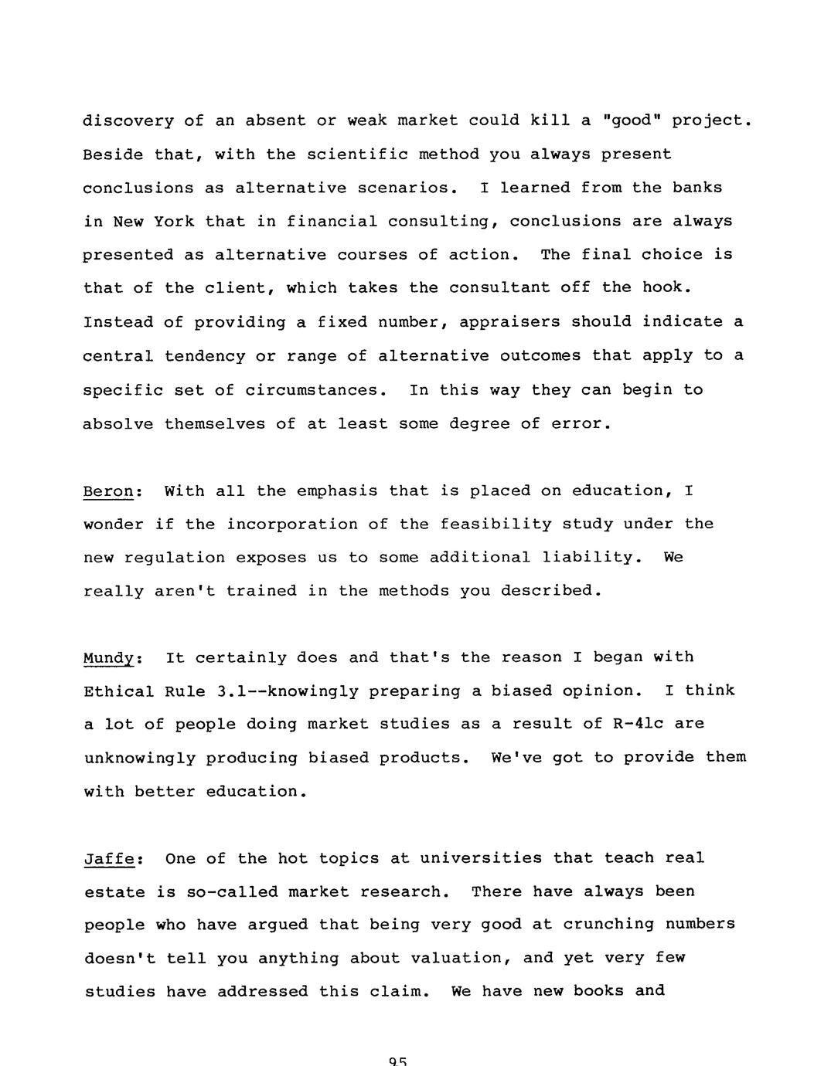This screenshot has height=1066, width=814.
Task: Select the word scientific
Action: pyautogui.click(x=357, y=154)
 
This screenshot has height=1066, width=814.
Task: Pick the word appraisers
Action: pyautogui.click(x=509, y=322)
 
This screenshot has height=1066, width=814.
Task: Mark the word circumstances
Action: pyautogui.click(x=315, y=390)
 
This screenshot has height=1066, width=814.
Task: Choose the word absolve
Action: pyautogui.click(x=118, y=424)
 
